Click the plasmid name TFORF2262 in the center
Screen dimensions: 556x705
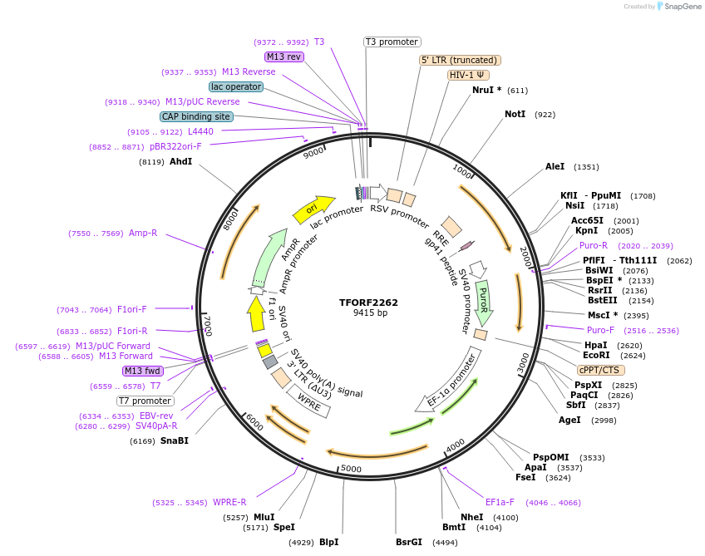click(368, 303)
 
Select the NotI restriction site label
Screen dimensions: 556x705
click(515, 114)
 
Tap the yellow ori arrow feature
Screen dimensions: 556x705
click(313, 209)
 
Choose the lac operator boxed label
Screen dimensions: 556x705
click(236, 86)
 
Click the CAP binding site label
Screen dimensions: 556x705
click(196, 117)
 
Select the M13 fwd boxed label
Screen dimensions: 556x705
click(141, 371)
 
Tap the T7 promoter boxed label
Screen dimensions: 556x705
click(145, 401)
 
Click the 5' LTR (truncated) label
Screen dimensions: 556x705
click(460, 60)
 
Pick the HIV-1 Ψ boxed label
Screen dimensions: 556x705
click(468, 75)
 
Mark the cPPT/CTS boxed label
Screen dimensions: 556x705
click(599, 370)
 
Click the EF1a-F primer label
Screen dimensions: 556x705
click(500, 502)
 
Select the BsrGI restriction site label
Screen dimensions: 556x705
click(408, 542)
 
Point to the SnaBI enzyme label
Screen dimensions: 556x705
click(174, 440)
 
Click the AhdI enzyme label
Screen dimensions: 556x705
click(180, 161)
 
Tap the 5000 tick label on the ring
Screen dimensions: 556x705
click(351, 469)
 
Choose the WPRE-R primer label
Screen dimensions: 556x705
click(229, 502)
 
